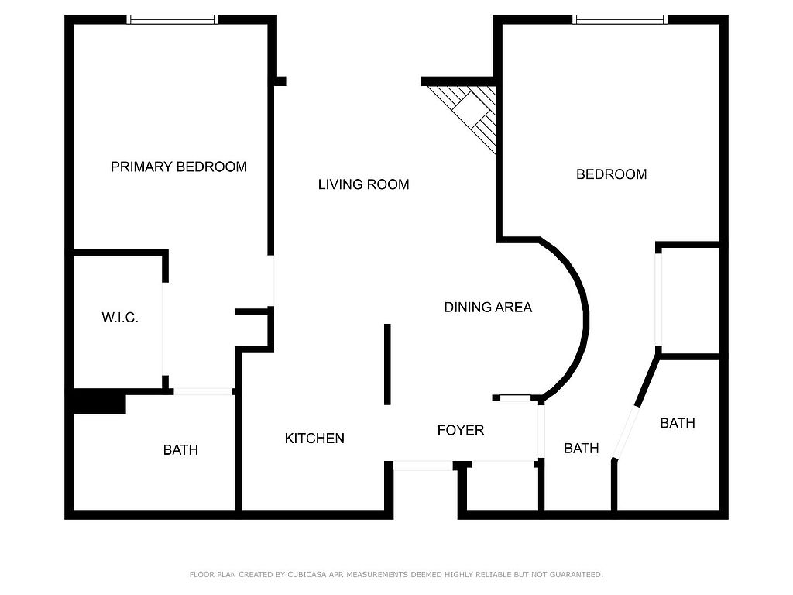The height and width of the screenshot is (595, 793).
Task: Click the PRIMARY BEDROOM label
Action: click(x=179, y=167)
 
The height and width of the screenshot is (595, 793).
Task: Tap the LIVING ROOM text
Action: click(x=364, y=184)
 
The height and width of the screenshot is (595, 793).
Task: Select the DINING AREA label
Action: click(x=488, y=307)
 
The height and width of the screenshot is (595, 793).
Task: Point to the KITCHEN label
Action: click(x=314, y=439)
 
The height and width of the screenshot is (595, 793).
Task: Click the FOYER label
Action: click(x=461, y=430)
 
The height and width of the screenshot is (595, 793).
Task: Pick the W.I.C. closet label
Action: click(x=120, y=318)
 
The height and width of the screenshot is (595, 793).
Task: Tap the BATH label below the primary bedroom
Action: click(x=180, y=450)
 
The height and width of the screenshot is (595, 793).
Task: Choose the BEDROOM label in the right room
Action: click(x=612, y=174)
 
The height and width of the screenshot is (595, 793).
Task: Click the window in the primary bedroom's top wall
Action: click(x=173, y=19)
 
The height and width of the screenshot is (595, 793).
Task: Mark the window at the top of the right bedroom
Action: click(x=620, y=19)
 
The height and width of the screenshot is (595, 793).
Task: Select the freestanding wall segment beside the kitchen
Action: click(x=387, y=364)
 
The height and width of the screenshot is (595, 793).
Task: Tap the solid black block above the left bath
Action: click(x=100, y=401)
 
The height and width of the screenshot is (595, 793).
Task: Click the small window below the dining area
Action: click(x=515, y=398)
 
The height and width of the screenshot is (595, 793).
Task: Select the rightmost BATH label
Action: click(x=678, y=423)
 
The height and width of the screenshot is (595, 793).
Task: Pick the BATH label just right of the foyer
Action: click(x=582, y=449)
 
